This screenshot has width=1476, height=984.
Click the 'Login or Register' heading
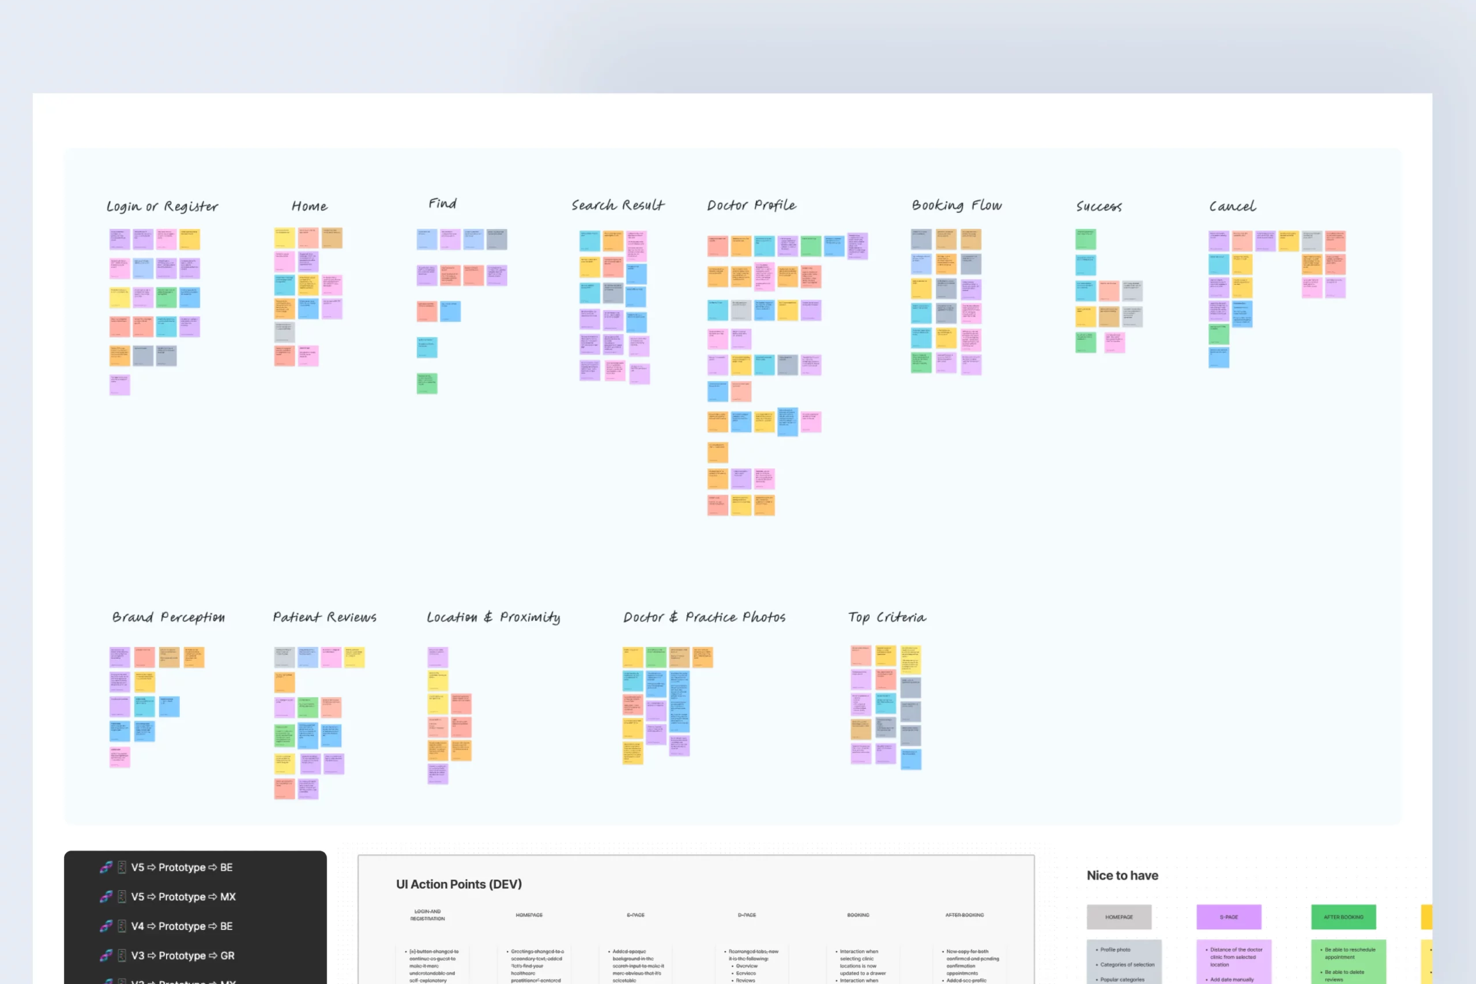pos(163,206)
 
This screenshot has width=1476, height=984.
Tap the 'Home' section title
pos(309,206)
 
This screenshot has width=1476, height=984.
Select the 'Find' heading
pos(442,204)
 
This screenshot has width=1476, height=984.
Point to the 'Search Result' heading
pos(617,205)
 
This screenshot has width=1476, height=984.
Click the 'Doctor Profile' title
pos(751,205)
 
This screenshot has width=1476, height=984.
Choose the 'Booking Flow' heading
pos(956,205)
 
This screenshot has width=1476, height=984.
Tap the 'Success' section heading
pos(1098,206)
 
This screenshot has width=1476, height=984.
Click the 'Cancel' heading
pos(1232,206)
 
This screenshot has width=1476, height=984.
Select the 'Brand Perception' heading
pos(168,618)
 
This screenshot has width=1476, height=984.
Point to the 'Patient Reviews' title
pos(324,618)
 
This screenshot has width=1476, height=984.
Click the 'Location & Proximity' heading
pos(493,618)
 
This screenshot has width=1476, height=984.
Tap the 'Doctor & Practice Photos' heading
pos(704,618)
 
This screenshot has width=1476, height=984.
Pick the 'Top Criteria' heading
pos(886,618)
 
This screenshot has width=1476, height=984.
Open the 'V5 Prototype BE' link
pos(181,867)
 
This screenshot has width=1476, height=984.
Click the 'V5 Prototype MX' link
pos(183,897)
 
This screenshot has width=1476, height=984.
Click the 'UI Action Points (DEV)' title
pos(458,884)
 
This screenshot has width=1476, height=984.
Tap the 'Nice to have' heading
pos(1122,876)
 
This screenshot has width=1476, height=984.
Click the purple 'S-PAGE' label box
pos(1228,917)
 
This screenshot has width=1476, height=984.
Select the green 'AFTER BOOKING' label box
pos(1343,917)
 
